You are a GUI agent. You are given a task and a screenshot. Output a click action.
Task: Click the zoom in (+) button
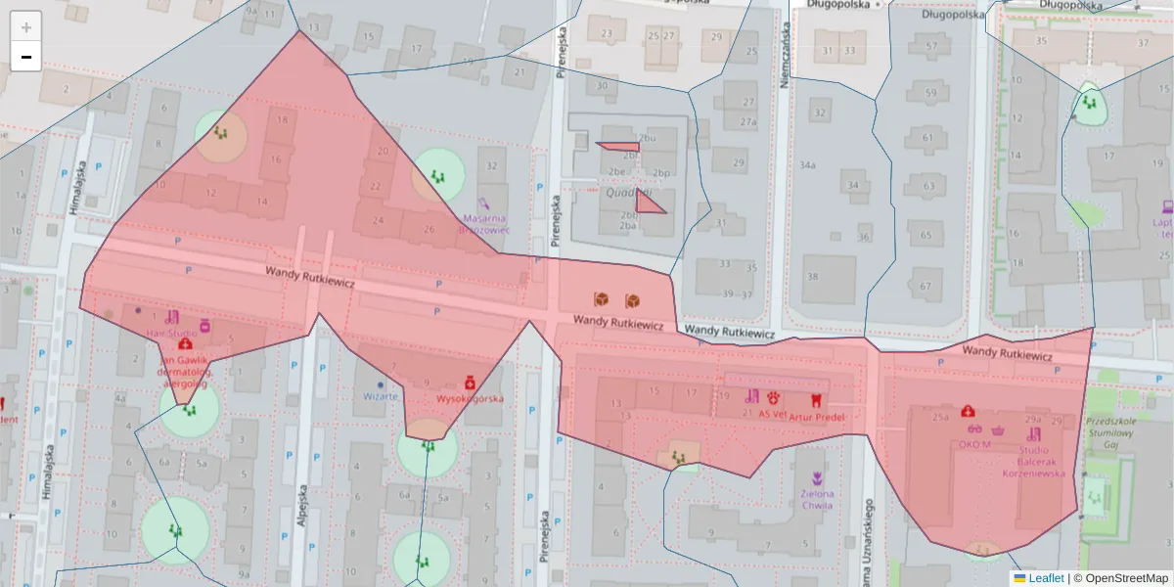click(x=26, y=26)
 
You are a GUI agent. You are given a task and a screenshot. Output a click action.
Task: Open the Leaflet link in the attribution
click(x=1045, y=578)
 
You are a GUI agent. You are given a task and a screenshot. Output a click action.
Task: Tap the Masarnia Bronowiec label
click(x=484, y=224)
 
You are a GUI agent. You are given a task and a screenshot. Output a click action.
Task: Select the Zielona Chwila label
click(x=817, y=499)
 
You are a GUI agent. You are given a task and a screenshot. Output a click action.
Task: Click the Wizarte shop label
click(x=381, y=396)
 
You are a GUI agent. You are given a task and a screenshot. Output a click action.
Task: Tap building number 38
click(x=812, y=276)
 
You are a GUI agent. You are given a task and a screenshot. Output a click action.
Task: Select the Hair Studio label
click(x=171, y=333)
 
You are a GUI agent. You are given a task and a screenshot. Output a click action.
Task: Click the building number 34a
click(x=806, y=165)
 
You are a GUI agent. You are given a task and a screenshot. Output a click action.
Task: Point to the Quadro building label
click(x=621, y=192)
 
